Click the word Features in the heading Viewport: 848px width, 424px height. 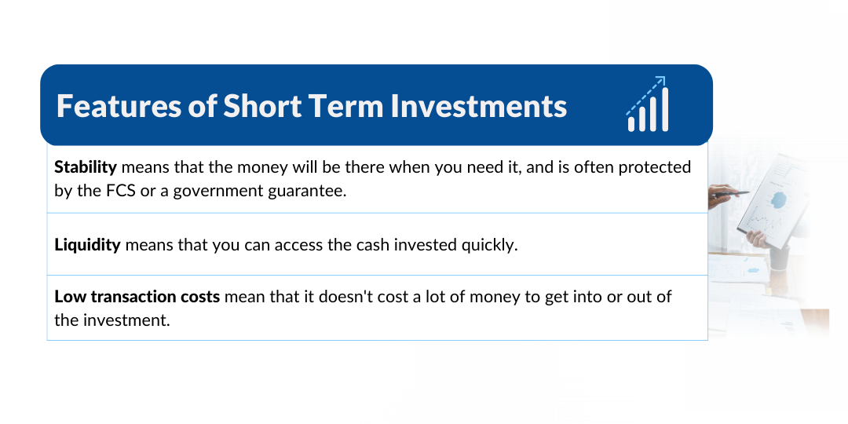tap(119, 105)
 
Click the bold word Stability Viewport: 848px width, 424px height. tap(86, 168)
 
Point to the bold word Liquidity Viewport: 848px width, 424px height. tap(88, 245)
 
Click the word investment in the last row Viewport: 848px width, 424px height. tap(126, 320)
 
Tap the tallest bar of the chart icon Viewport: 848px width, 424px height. tap(665, 109)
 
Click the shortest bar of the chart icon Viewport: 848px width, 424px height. tap(631, 124)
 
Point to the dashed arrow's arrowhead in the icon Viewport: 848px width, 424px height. tap(660, 81)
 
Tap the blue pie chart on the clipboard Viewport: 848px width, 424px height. tap(778, 201)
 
